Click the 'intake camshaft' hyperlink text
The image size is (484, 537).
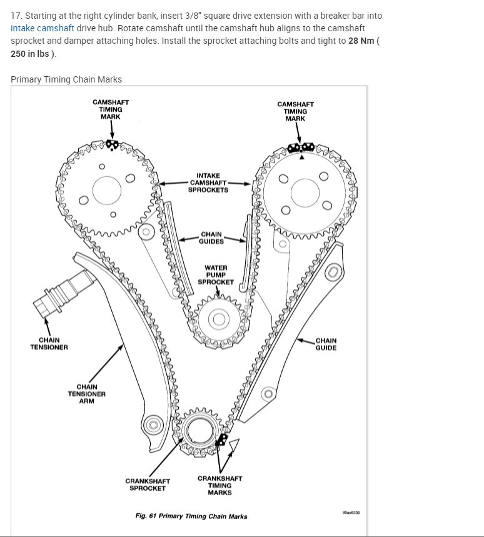pyautogui.click(x=43, y=28)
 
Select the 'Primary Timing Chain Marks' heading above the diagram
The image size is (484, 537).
pyautogui.click(x=66, y=79)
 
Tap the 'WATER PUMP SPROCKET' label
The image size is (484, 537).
pyautogui.click(x=216, y=274)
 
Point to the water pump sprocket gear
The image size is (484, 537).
pyautogui.click(x=218, y=319)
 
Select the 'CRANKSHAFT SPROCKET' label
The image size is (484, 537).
pyautogui.click(x=148, y=484)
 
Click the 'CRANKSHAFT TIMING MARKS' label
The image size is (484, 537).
pyautogui.click(x=219, y=485)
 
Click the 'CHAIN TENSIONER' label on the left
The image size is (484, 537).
pyautogui.click(x=49, y=344)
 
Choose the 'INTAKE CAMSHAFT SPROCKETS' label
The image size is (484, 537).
pyautogui.click(x=208, y=183)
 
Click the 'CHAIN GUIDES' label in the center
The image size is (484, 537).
pyautogui.click(x=211, y=238)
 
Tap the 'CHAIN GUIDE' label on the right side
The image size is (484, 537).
pyautogui.click(x=326, y=344)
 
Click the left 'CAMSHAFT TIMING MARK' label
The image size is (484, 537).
pyautogui.click(x=111, y=109)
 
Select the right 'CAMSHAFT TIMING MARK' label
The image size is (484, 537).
pyautogui.click(x=295, y=111)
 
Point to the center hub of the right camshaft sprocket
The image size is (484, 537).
pyautogui.click(x=303, y=190)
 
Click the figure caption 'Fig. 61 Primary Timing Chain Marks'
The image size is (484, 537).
pyautogui.click(x=191, y=516)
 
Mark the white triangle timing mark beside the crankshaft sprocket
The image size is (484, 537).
pyautogui.click(x=234, y=446)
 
